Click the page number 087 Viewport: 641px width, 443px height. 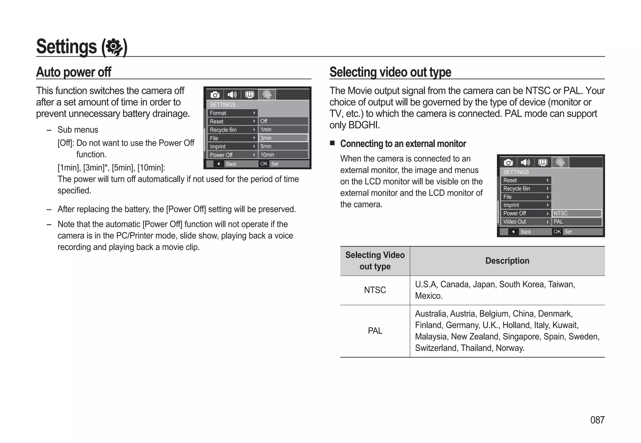(597, 420)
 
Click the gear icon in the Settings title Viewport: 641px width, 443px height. (114, 47)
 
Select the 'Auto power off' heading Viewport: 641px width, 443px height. (74, 72)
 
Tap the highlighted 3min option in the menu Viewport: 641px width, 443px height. (283, 138)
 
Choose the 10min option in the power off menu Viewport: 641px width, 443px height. (283, 155)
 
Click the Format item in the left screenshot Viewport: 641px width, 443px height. (232, 113)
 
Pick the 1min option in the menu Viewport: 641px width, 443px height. (283, 130)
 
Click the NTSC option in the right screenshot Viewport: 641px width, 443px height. (576, 213)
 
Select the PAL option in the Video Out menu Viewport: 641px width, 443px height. (576, 222)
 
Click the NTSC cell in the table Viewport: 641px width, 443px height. (375, 290)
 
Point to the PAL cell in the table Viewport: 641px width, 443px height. (375, 331)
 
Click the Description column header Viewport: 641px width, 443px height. (507, 261)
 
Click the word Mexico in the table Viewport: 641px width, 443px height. (428, 296)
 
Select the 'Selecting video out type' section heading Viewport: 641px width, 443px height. (390, 72)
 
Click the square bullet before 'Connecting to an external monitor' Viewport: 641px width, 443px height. (332, 143)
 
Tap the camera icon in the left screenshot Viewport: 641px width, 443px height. (215, 95)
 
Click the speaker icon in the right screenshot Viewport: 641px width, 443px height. (525, 162)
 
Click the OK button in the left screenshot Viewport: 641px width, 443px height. (264, 164)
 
